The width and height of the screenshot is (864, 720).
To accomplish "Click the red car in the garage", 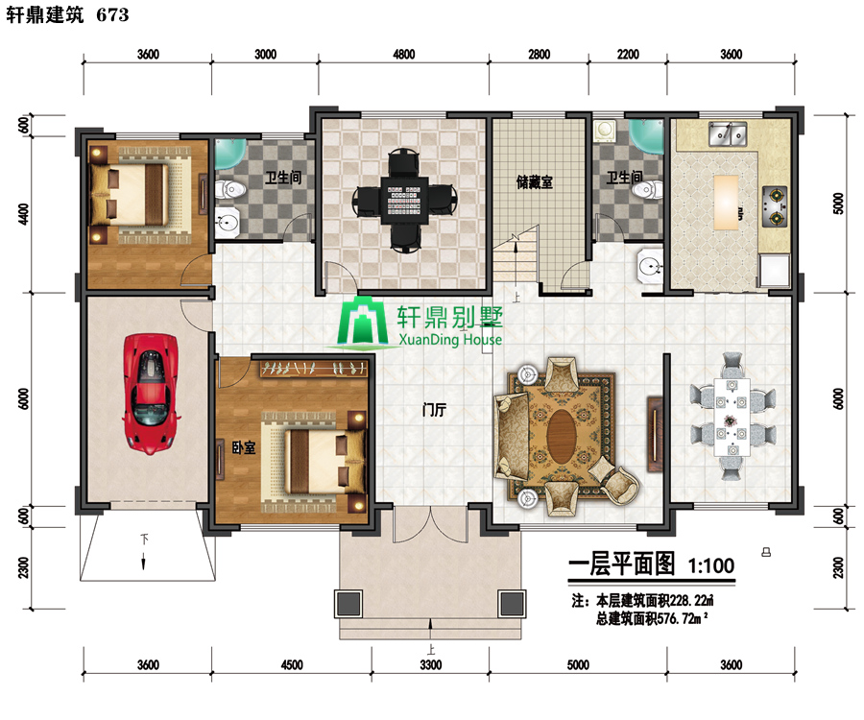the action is tap(151, 394).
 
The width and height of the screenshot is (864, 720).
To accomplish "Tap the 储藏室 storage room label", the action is tap(535, 182).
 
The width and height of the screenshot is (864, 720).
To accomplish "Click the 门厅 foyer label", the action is tap(434, 410).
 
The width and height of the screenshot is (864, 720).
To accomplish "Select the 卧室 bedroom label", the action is tap(244, 447).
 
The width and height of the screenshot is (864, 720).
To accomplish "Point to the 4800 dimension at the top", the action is tap(404, 54).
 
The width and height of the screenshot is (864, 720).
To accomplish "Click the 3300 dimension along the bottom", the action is tap(431, 665).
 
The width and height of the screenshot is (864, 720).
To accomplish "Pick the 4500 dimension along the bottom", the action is tap(292, 665).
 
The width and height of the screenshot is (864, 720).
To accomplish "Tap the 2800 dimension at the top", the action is tap(539, 54).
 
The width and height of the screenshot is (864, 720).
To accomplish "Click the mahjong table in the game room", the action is tap(405, 200).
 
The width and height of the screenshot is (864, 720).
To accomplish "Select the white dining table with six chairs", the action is tap(732, 417).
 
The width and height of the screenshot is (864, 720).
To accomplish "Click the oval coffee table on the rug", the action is tap(561, 436).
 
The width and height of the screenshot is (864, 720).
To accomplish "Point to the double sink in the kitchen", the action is tap(728, 133).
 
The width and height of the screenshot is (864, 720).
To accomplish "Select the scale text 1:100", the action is tap(710, 565).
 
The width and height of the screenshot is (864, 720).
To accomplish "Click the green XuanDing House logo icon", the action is tap(363, 322).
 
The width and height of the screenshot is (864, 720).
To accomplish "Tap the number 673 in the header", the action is tap(113, 14).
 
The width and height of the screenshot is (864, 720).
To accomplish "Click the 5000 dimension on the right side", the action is tap(838, 204).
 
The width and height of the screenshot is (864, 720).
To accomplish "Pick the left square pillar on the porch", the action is tap(348, 604).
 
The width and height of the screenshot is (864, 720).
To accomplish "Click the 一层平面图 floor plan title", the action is tap(621, 564).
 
